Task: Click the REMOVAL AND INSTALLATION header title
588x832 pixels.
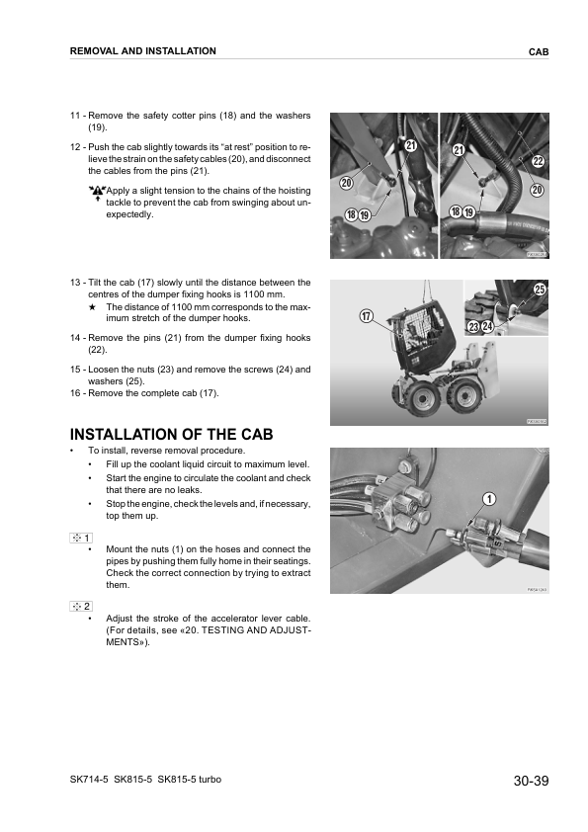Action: [142, 50]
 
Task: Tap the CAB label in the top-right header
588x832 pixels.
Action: [539, 50]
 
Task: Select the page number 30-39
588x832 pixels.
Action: [531, 782]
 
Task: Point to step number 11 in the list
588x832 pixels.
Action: [75, 117]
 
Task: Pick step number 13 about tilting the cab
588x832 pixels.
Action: [75, 283]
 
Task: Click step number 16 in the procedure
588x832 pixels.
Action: [75, 392]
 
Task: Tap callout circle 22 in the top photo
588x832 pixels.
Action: [539, 161]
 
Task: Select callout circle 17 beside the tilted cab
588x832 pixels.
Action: [366, 317]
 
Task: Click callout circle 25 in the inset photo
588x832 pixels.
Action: [540, 289]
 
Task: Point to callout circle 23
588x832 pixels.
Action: [473, 326]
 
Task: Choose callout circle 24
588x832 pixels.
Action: [488, 326]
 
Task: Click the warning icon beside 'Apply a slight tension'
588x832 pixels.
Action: [96, 192]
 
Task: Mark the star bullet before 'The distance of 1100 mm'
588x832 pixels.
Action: [91, 307]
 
